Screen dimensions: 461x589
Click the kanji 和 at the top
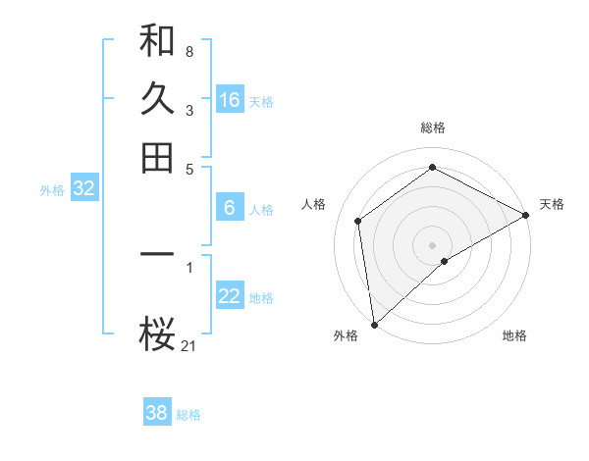click(x=157, y=41)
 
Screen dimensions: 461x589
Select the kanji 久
click(x=157, y=99)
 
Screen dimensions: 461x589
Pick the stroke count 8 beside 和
click(x=189, y=51)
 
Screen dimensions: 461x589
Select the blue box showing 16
click(x=230, y=100)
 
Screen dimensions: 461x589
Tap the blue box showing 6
click(x=230, y=208)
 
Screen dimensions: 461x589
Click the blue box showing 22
click(x=230, y=297)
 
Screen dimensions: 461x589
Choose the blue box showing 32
click(x=83, y=189)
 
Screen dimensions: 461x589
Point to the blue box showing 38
click(x=156, y=413)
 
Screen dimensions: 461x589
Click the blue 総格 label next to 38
click(x=188, y=415)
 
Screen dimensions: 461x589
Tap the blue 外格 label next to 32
click(x=52, y=190)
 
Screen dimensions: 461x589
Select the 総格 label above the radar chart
click(x=433, y=128)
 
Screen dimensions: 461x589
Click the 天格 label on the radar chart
click(x=552, y=204)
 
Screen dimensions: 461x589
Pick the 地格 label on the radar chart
click(x=514, y=335)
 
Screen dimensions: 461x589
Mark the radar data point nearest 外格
click(x=374, y=324)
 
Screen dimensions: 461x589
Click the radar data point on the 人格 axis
click(x=358, y=221)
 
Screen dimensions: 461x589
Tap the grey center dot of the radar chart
click(x=433, y=244)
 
